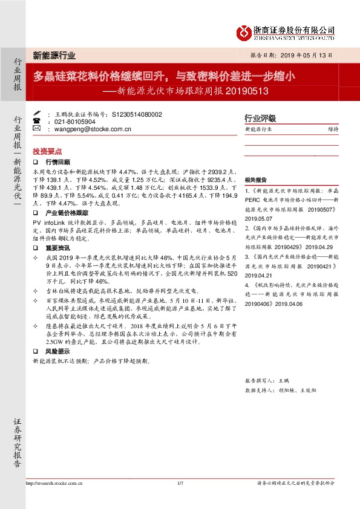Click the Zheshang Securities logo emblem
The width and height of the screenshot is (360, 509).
(x=244, y=32)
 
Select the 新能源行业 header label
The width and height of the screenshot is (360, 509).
(x=54, y=55)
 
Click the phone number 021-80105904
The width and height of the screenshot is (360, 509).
(x=75, y=122)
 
